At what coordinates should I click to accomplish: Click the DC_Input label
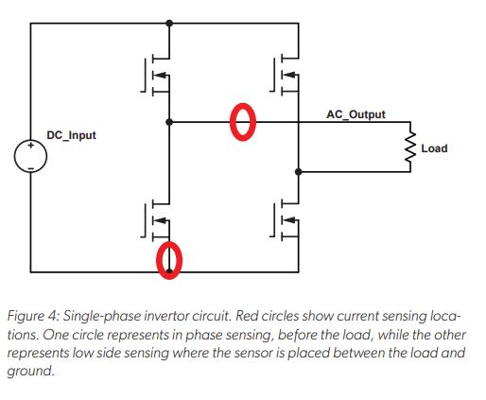pyautogui.click(x=73, y=136)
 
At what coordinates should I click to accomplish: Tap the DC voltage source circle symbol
pyautogui.click(x=30, y=157)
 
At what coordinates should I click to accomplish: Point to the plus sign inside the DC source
pyautogui.click(x=30, y=148)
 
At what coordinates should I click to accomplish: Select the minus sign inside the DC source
pyautogui.click(x=30, y=166)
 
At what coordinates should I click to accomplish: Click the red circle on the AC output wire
pyautogui.click(x=244, y=122)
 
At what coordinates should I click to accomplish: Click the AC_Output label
pyautogui.click(x=355, y=113)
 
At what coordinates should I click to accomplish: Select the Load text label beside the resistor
pyautogui.click(x=434, y=148)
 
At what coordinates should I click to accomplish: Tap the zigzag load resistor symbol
pyautogui.click(x=411, y=148)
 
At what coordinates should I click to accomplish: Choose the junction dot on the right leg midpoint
pyautogui.click(x=300, y=172)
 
